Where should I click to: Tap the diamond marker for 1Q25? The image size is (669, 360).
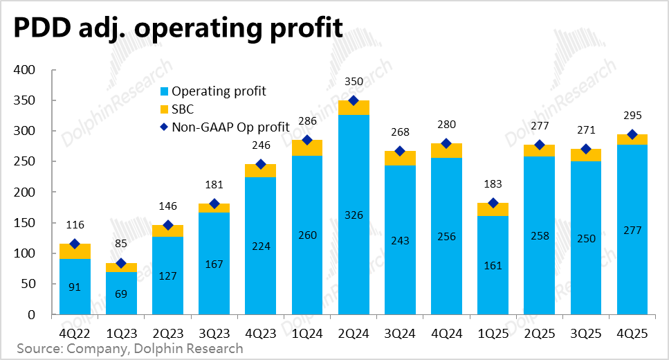click(x=493, y=203)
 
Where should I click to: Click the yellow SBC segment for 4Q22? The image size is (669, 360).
click(x=75, y=251)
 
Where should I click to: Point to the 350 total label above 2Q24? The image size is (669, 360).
click(x=354, y=82)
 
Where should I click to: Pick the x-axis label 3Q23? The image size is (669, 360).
click(x=214, y=333)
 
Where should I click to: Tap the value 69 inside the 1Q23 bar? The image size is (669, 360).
click(x=121, y=293)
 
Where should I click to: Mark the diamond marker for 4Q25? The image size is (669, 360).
click(x=632, y=134)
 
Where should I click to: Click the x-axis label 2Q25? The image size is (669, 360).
click(x=539, y=333)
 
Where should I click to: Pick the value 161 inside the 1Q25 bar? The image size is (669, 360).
click(x=493, y=265)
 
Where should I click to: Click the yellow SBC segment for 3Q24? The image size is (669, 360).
click(x=400, y=158)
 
